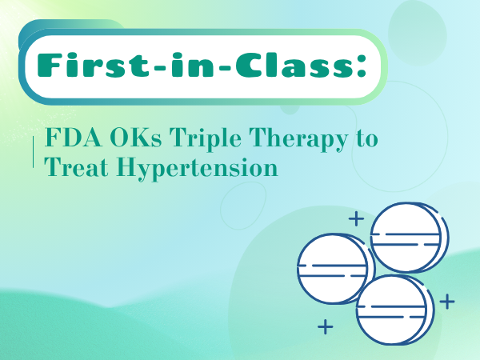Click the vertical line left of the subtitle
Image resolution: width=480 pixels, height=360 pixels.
32,153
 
